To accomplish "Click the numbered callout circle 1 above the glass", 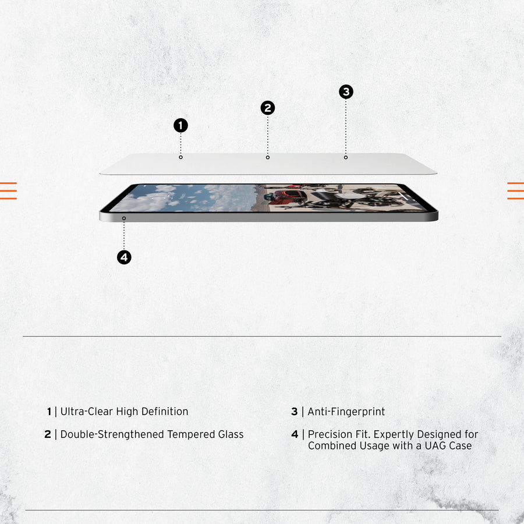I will [180, 125].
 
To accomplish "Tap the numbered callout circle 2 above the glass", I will [267, 108].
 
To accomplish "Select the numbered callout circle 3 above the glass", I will [346, 92].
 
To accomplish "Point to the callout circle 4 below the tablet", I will [124, 257].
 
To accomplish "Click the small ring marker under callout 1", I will [180, 157].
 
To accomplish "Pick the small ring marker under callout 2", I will [267, 157].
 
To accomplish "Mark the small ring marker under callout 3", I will [346, 157].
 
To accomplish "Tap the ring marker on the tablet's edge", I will [124, 218].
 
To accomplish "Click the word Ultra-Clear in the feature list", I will [87, 412].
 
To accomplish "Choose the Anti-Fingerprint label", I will [346, 412].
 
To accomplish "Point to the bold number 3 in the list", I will [295, 412].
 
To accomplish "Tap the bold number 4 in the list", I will [295, 434].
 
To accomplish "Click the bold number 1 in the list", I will [49, 412].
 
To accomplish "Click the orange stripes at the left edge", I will [8, 190].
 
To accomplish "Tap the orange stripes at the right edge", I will [516, 190].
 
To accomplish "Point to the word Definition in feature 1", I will [165, 412].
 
